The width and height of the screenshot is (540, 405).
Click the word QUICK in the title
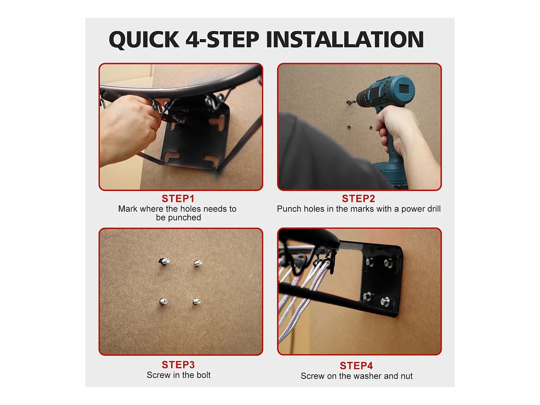pyautogui.click(x=144, y=39)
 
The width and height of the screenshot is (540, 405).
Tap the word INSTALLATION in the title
pyautogui.click(x=345, y=39)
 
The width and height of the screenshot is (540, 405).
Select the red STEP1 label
pyautogui.click(x=178, y=198)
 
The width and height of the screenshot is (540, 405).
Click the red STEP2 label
pyautogui.click(x=358, y=198)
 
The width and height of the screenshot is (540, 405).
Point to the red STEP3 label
pyautogui.click(x=178, y=365)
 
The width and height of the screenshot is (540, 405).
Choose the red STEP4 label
pyautogui.click(x=356, y=366)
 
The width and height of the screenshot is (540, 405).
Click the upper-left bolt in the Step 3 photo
pyautogui.click(x=164, y=261)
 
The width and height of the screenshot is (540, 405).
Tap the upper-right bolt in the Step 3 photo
pyautogui.click(x=198, y=263)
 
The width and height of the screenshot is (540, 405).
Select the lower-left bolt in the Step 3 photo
pyautogui.click(x=164, y=301)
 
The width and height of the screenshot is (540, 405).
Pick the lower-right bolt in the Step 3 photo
pyautogui.click(x=197, y=301)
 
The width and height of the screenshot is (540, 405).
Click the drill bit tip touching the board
pyautogui.click(x=347, y=102)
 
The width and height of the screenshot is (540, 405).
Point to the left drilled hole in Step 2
pyautogui.click(x=349, y=127)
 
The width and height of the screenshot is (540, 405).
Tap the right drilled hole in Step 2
pyautogui.click(x=371, y=128)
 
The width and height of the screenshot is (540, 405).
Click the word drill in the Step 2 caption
pyautogui.click(x=434, y=209)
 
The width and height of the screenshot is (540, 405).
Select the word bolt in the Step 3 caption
pyautogui.click(x=203, y=375)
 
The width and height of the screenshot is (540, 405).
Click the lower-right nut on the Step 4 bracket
pyautogui.click(x=385, y=301)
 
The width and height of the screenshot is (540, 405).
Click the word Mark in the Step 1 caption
pyautogui.click(x=128, y=209)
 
